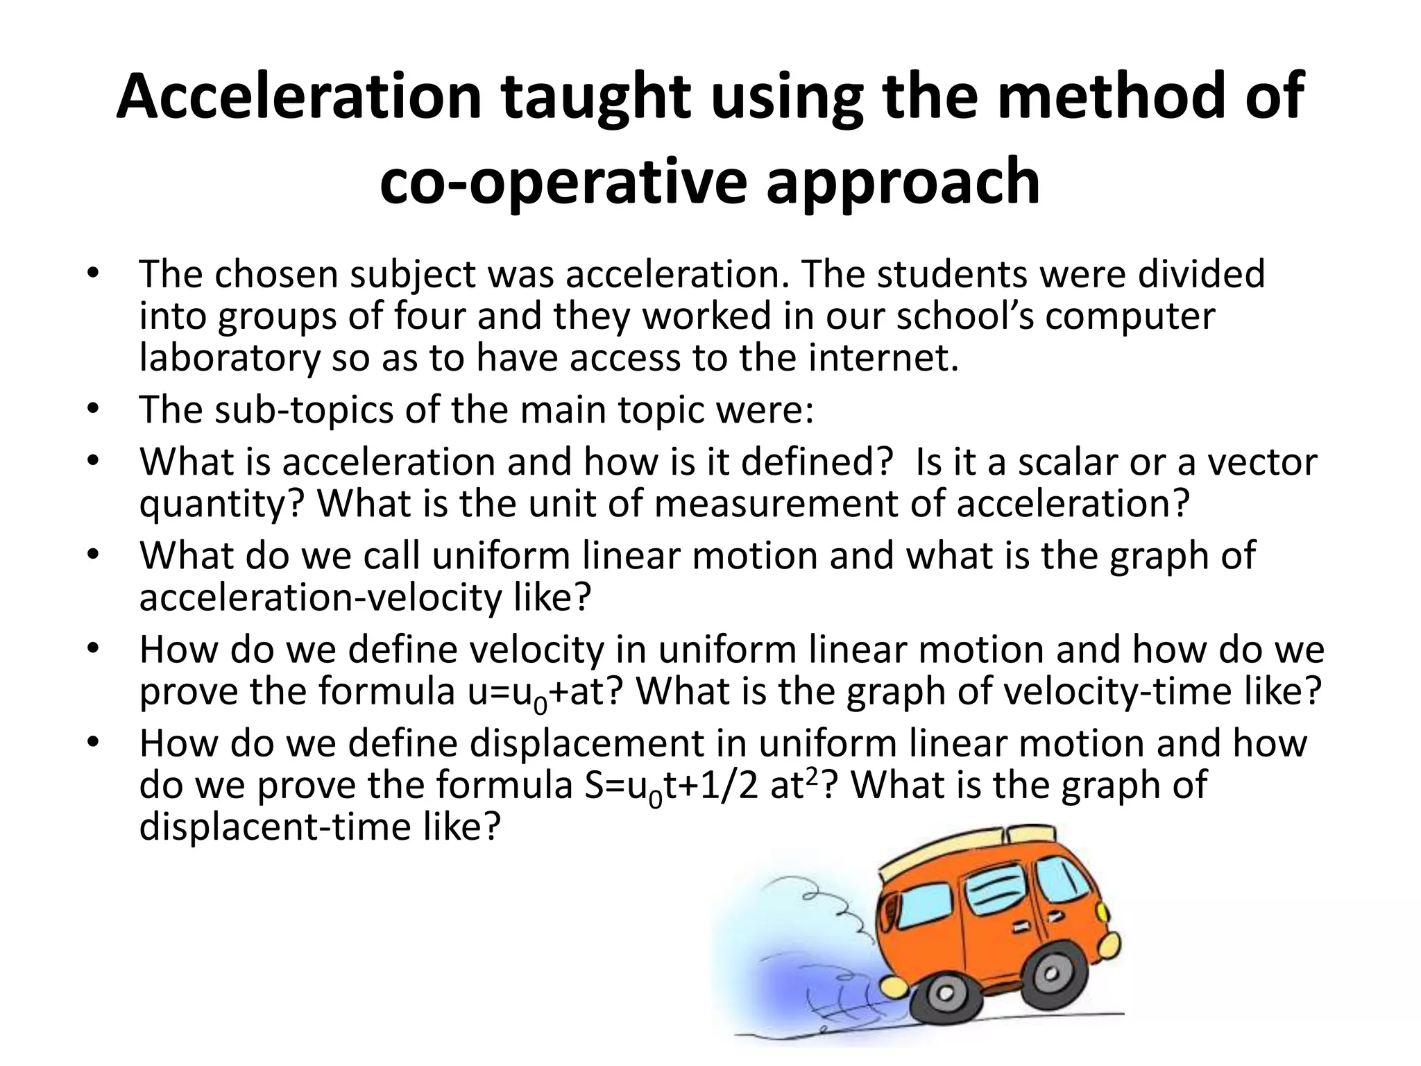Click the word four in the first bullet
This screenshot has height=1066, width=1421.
click(431, 316)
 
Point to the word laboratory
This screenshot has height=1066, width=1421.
click(230, 358)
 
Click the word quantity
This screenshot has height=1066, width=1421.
click(221, 505)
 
